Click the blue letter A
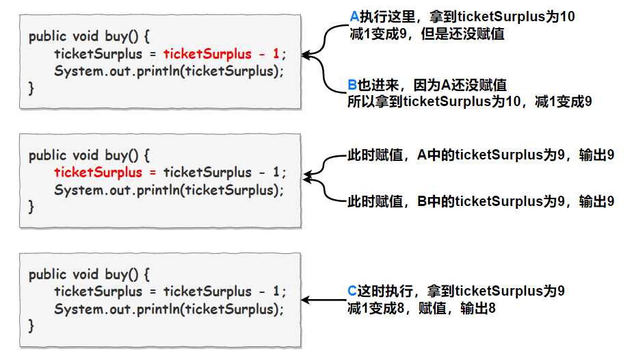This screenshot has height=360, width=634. point(354,16)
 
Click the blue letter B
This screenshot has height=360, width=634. point(352,85)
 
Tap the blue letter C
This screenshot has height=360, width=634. point(352,291)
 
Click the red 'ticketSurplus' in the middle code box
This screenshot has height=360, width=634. point(98,172)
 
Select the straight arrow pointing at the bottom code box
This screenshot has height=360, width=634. point(324,300)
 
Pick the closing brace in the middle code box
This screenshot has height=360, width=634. point(31,206)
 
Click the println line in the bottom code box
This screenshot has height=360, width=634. point(168,309)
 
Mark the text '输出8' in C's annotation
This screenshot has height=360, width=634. point(478,308)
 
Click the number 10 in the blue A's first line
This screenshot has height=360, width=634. point(567,16)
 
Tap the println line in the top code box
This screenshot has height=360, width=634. point(168,71)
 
